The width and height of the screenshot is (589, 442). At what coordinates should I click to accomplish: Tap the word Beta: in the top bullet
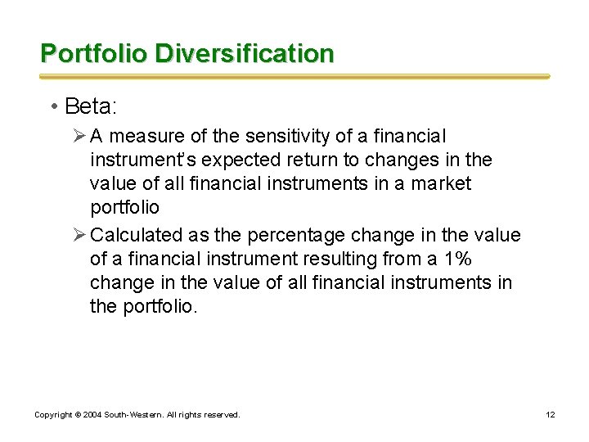pos(92,106)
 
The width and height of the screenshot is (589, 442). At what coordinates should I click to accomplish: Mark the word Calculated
pos(137,235)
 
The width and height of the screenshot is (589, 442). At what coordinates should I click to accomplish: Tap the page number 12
pos(551,415)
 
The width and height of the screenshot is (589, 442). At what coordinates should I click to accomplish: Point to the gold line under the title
pos(294,76)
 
